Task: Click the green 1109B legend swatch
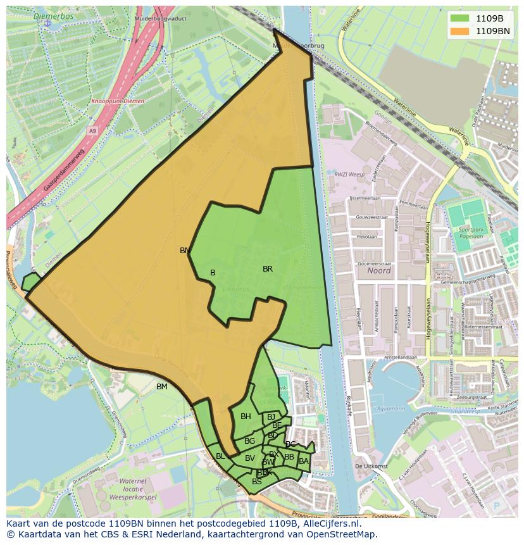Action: click(x=459, y=18)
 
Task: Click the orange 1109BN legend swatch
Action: click(x=459, y=30)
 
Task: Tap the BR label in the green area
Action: click(x=268, y=269)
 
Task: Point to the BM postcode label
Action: click(x=162, y=387)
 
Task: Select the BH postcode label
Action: click(x=246, y=417)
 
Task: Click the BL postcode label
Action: click(x=220, y=456)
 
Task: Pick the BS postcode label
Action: click(x=256, y=482)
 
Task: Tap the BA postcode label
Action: click(x=304, y=461)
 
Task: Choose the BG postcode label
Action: click(x=249, y=441)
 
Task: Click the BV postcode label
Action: click(x=250, y=458)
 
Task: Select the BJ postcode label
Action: click(x=271, y=417)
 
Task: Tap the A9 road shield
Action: click(x=93, y=131)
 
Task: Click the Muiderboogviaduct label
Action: click(x=161, y=19)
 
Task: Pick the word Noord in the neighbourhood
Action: click(x=378, y=271)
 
